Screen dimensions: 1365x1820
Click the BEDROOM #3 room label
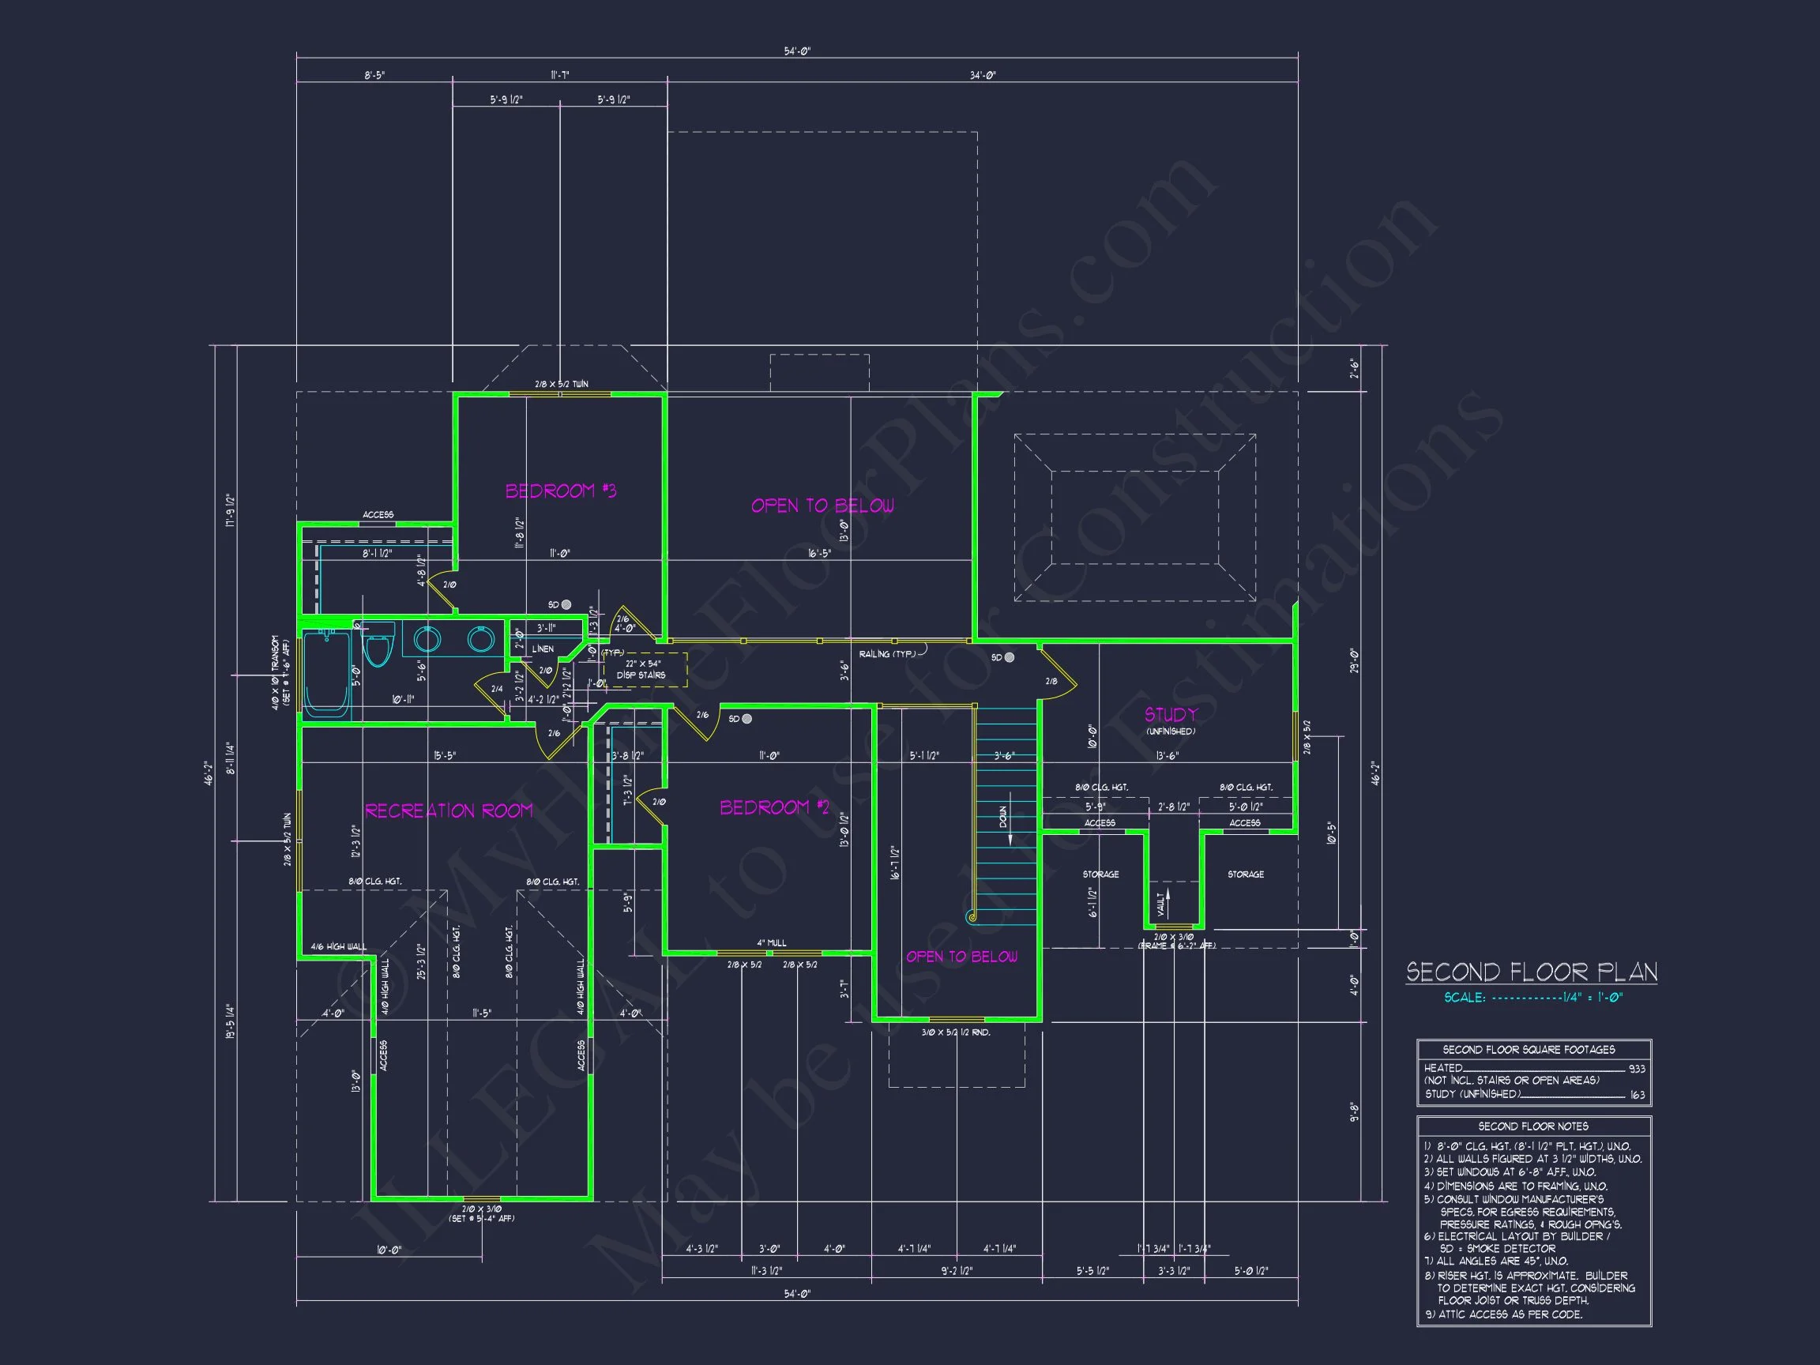[x=560, y=491]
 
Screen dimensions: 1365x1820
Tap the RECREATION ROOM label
[x=449, y=811]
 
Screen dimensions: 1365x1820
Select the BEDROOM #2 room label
[x=774, y=807]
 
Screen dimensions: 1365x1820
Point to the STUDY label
[x=1170, y=714]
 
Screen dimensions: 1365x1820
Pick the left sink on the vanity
[x=427, y=638]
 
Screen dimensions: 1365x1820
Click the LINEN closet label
[x=543, y=649]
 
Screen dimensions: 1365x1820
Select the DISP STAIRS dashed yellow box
[x=645, y=669]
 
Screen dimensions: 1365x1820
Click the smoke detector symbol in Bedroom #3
[x=566, y=605]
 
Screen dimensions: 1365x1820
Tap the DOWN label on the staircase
[x=1003, y=817]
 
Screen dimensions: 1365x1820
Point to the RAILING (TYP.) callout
[x=887, y=654]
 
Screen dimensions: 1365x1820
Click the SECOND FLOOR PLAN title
[x=1531, y=972]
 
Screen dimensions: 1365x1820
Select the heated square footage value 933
[x=1637, y=1069]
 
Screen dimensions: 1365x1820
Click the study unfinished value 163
[x=1637, y=1095]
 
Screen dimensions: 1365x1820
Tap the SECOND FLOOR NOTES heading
[x=1532, y=1126]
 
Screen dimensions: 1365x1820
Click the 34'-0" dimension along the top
[x=983, y=75]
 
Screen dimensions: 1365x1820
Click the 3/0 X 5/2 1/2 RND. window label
[x=955, y=1032]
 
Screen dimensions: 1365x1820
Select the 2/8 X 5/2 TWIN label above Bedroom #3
[x=561, y=384]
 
